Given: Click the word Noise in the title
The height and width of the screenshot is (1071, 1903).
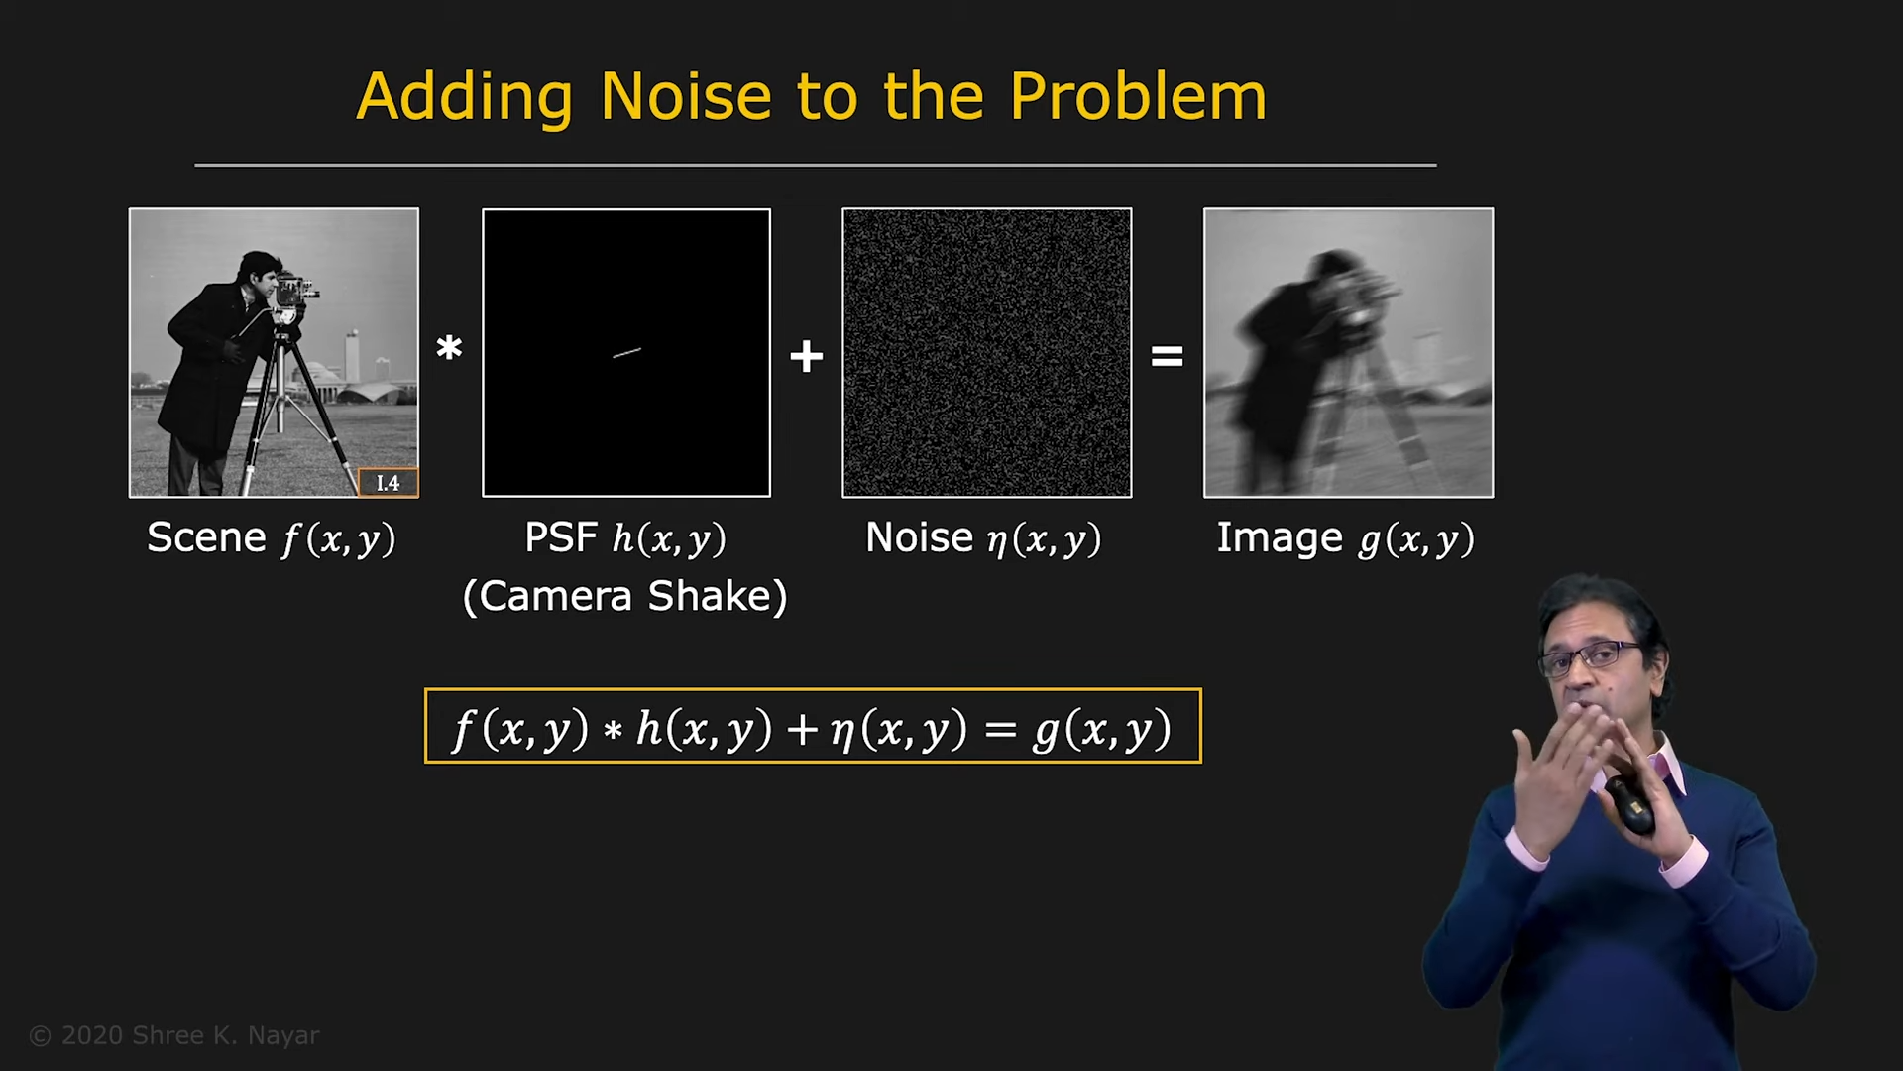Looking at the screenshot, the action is [686, 97].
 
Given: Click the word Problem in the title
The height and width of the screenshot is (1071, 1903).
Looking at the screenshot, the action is [1138, 97].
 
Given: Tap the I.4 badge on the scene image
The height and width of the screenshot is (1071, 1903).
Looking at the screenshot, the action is [388, 483].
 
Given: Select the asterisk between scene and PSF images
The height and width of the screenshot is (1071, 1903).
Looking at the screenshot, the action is [449, 348].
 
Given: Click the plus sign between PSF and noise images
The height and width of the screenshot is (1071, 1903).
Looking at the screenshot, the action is [807, 356].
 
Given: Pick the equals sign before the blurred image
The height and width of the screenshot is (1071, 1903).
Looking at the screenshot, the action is [1168, 356].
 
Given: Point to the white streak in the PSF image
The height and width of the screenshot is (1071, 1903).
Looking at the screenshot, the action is [627, 352].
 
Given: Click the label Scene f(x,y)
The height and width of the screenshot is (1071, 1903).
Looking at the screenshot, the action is [272, 538].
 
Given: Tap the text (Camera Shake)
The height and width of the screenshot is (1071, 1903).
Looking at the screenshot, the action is [625, 596].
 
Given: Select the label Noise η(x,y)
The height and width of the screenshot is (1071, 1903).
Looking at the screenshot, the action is [983, 538].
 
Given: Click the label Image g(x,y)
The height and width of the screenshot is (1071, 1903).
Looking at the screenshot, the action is [1346, 538].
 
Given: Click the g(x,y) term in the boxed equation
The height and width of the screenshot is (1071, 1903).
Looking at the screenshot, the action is [1102, 729].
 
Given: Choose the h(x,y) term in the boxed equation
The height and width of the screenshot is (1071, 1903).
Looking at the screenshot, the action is [704, 729].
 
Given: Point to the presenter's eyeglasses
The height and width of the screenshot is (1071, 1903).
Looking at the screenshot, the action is [1592, 657].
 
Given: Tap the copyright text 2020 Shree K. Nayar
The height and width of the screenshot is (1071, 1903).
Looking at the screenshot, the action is [174, 1035].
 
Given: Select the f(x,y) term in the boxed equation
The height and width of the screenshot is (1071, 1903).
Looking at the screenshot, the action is [521, 729].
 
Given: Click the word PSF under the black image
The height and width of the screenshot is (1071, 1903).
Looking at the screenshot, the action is [561, 537].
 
